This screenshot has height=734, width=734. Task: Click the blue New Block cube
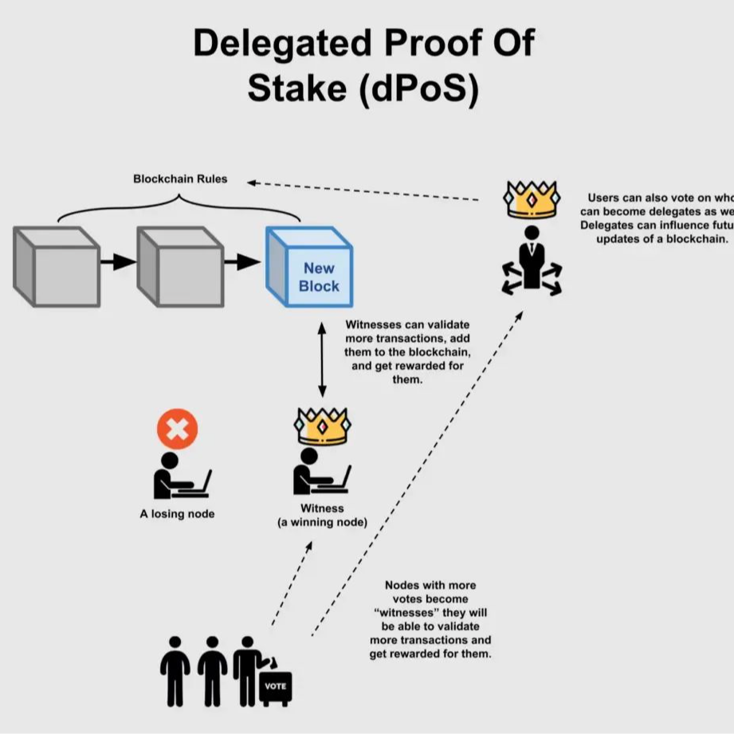(309, 268)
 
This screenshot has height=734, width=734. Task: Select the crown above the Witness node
(323, 426)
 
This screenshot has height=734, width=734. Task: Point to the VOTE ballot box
(276, 686)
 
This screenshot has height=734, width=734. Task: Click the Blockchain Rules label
(180, 179)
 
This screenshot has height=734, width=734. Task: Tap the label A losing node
(177, 514)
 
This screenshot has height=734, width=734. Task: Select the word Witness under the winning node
(322, 508)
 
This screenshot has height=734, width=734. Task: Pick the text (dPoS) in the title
(419, 89)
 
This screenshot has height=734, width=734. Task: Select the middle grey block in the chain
(180, 266)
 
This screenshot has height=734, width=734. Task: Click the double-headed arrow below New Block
(322, 359)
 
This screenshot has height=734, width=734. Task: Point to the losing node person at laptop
(179, 477)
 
